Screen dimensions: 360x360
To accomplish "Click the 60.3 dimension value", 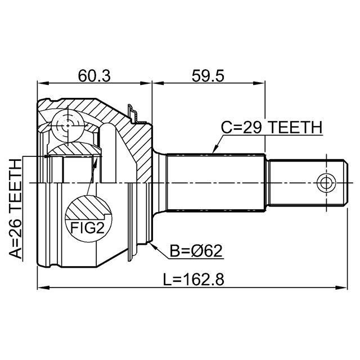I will (x=94, y=75).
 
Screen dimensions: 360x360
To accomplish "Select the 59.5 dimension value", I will (x=208, y=75).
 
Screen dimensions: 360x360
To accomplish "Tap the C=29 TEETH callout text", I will (x=271, y=128).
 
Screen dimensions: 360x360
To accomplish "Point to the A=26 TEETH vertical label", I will (x=15, y=208).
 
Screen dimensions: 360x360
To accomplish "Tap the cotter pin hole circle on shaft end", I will (x=325, y=183).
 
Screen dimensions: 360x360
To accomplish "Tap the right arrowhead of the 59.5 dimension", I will (x=261, y=84).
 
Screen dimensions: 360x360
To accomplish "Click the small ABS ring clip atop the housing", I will (x=133, y=112).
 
